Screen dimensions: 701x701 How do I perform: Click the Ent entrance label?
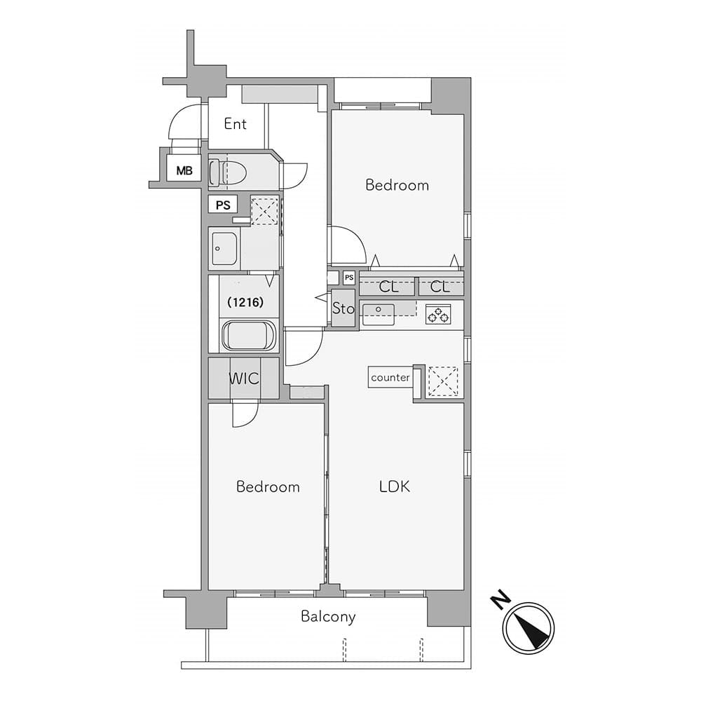click(x=235, y=124)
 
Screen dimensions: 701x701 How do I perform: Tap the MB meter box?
click(x=184, y=170)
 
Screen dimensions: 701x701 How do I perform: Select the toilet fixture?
click(x=228, y=172)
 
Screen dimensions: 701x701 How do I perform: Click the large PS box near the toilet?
click(x=223, y=205)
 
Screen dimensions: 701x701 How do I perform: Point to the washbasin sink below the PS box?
click(x=224, y=249)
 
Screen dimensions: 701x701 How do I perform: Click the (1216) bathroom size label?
click(x=245, y=302)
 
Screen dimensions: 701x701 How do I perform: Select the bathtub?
click(x=249, y=336)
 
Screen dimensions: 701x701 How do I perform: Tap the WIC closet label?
click(x=244, y=379)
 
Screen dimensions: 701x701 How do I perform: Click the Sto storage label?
click(x=343, y=308)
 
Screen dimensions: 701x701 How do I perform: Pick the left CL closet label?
click(x=388, y=287)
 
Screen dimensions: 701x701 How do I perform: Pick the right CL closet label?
click(x=440, y=287)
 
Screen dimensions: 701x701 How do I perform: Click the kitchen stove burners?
click(x=438, y=314)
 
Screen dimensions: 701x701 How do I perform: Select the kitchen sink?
click(x=379, y=314)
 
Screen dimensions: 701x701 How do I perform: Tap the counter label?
click(x=390, y=377)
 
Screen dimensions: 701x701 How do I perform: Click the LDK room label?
click(x=394, y=486)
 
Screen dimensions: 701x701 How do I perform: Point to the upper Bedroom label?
click(x=397, y=184)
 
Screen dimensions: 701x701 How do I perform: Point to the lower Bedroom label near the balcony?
click(x=268, y=486)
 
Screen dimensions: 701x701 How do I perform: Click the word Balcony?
click(x=328, y=617)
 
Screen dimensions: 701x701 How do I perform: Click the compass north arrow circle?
click(x=529, y=628)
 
